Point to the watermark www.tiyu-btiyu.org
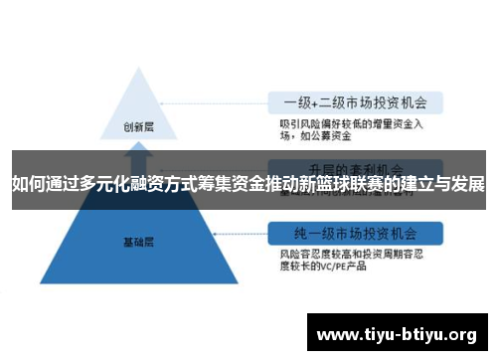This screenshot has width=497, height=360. tap(397, 333)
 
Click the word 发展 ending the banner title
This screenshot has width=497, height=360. tap(467, 184)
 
